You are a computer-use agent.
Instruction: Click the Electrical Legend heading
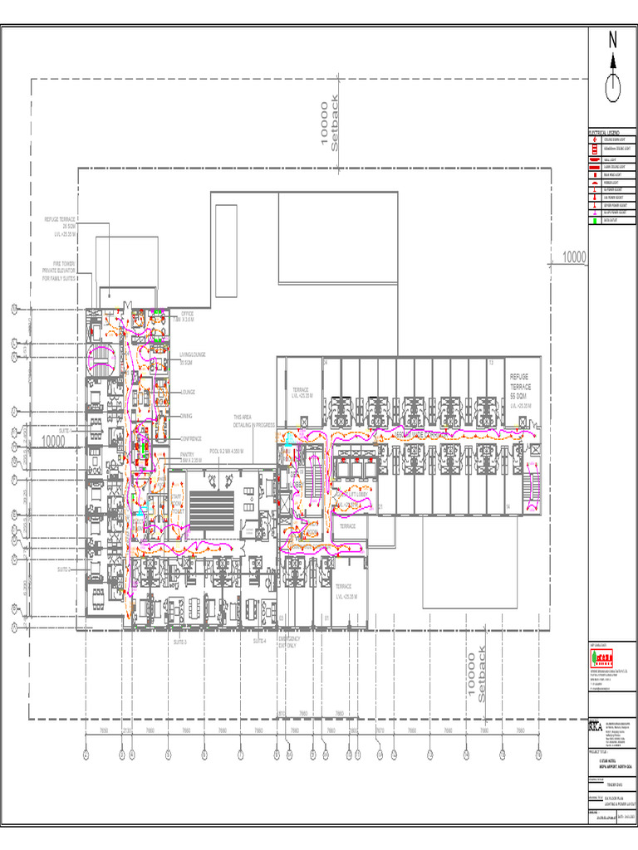point(604,133)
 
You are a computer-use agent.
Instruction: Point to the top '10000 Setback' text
point(330,125)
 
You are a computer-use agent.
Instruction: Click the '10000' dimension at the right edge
point(573,258)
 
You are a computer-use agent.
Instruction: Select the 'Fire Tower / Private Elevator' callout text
point(59,271)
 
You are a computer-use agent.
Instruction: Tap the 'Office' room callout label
point(186,316)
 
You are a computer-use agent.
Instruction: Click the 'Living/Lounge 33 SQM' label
point(192,359)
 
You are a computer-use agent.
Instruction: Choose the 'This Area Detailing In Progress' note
point(253,421)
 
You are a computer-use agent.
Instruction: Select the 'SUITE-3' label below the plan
point(180,642)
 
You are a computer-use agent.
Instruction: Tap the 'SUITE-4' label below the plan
point(260,641)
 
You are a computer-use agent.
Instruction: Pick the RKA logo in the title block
point(596,726)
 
